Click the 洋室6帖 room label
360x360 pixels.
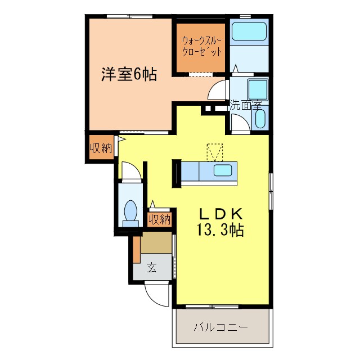click(x=129, y=74)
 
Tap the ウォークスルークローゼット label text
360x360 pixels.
click(x=201, y=47)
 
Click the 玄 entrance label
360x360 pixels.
click(x=152, y=267)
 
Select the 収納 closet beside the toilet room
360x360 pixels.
click(x=159, y=219)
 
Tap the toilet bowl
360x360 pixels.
click(x=130, y=211)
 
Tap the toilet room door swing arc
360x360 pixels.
click(x=129, y=171)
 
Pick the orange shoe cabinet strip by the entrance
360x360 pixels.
click(x=136, y=249)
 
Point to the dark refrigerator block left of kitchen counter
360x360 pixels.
click(x=176, y=173)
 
